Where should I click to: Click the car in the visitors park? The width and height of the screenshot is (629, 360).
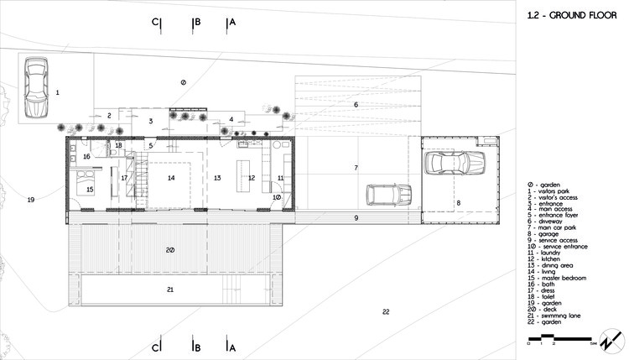click(x=37, y=88)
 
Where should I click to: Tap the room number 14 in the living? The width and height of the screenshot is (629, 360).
click(x=170, y=178)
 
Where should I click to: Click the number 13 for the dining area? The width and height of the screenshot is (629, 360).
click(x=216, y=178)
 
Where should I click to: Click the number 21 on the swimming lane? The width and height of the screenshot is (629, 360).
click(x=169, y=289)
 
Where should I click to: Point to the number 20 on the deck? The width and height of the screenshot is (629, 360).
click(x=169, y=250)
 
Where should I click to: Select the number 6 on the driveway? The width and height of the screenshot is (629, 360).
click(x=356, y=104)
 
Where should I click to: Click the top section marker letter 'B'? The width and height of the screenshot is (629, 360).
click(x=196, y=23)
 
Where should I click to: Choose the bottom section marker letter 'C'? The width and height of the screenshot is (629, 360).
click(x=156, y=347)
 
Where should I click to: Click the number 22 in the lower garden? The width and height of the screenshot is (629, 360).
click(x=386, y=312)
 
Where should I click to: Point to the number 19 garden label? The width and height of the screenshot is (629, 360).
click(x=30, y=200)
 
